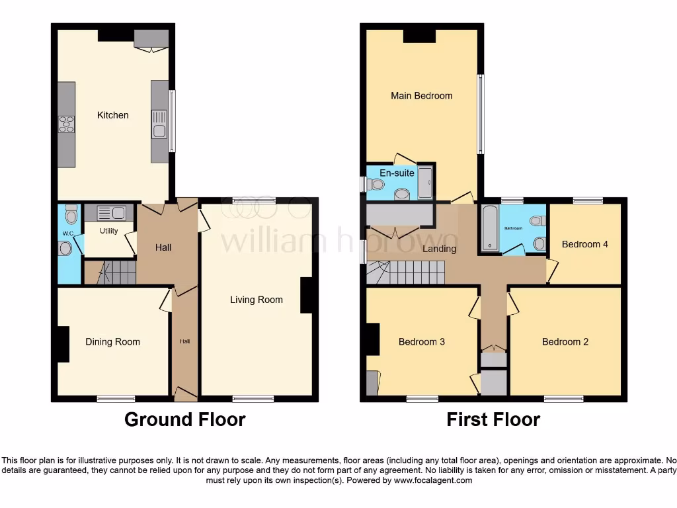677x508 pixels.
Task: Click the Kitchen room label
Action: (113, 115)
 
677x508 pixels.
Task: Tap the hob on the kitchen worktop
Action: (66, 124)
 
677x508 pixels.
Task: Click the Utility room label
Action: (109, 231)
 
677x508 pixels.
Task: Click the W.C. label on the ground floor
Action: (67, 233)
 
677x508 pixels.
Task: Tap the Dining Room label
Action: (112, 342)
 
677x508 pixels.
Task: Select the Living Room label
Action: (256, 300)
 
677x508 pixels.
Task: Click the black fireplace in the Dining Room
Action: (63, 344)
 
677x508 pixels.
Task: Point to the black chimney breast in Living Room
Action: (307, 295)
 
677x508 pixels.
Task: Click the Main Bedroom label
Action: (421, 96)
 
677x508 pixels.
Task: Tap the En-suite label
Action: (397, 173)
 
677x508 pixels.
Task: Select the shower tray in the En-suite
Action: (425, 182)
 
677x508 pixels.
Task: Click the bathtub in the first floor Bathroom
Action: (489, 229)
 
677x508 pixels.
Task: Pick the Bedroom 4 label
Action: (584, 244)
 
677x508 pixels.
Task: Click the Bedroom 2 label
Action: (565, 342)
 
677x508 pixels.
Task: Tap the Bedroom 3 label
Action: (421, 342)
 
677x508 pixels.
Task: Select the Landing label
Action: (439, 249)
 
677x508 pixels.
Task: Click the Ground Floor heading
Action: (184, 419)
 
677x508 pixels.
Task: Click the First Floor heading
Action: (493, 419)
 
